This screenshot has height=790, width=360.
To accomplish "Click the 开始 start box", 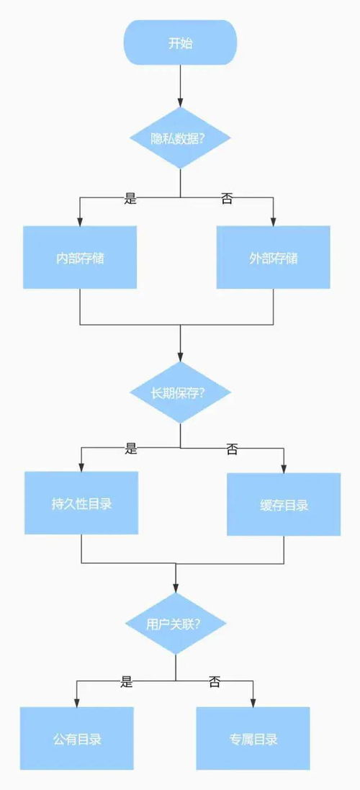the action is coord(180,42).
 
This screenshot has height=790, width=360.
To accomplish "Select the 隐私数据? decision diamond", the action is coord(180,138).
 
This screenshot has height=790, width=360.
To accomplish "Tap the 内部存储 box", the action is coord(80,258).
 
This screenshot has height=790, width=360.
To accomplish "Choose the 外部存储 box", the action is coord(274,258).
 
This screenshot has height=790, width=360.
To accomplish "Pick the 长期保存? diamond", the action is coord(180,392).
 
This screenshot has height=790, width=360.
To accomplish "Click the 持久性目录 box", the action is coord(81,503).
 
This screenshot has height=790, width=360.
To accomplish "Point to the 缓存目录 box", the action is coord(284,504).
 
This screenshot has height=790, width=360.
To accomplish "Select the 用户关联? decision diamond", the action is coord(176,624).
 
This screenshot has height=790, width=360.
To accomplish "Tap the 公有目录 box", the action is coord(77,739).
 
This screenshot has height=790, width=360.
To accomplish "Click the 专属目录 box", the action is coord(253,739).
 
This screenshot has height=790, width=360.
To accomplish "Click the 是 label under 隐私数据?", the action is coord(131,199).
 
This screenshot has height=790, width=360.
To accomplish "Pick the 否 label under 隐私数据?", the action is coord(227,199).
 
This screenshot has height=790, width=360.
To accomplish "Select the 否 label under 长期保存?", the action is coord(232,449).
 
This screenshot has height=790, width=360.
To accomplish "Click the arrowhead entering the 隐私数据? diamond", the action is coord(180,103).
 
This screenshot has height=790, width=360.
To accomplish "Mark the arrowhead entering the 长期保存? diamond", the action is coord(180,356).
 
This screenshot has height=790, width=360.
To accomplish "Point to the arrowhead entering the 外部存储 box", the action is coord(274,221).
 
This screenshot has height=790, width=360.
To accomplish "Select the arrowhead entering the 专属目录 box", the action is coord(253,702).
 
